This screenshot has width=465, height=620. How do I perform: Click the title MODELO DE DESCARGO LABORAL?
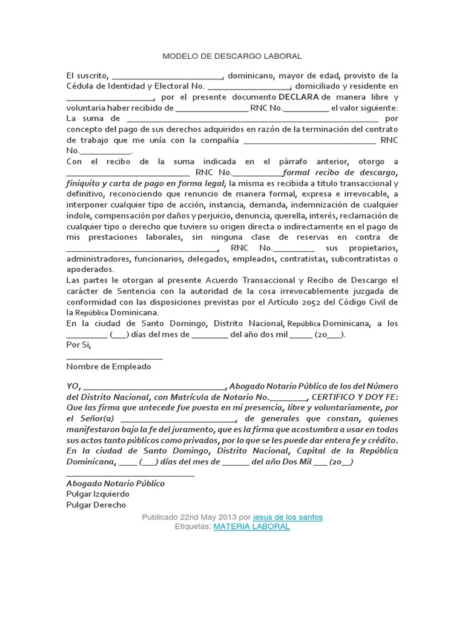(232, 56)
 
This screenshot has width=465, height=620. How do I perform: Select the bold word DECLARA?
(299, 97)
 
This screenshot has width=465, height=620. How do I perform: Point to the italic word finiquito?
(86, 183)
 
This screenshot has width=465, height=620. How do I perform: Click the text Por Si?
(77, 345)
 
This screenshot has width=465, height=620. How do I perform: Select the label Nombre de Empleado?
(108, 366)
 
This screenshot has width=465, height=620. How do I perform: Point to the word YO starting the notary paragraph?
(72, 387)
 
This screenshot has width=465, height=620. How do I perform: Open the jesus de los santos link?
(288, 517)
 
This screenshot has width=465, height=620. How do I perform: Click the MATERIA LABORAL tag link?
(251, 527)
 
